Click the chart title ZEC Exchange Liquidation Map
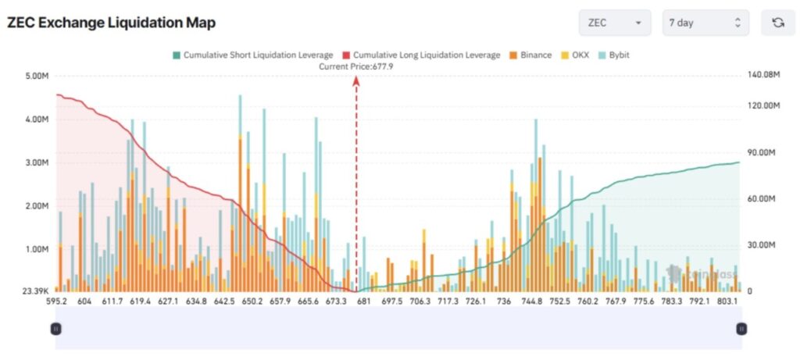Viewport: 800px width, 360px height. [111, 23]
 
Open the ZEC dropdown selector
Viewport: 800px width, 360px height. [615, 23]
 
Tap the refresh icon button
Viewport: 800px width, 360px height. [778, 23]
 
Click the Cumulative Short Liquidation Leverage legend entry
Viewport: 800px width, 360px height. [252, 55]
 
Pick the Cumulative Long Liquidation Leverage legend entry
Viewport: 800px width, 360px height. [421, 55]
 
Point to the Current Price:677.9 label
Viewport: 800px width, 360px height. [355, 67]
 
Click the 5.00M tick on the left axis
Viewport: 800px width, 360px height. [37, 76]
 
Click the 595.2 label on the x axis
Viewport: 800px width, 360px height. [56, 301]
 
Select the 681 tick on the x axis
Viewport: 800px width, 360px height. [363, 301]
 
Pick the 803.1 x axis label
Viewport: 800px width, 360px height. [728, 301]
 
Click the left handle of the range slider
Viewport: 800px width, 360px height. [56, 329]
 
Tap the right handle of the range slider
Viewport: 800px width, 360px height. [741, 329]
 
